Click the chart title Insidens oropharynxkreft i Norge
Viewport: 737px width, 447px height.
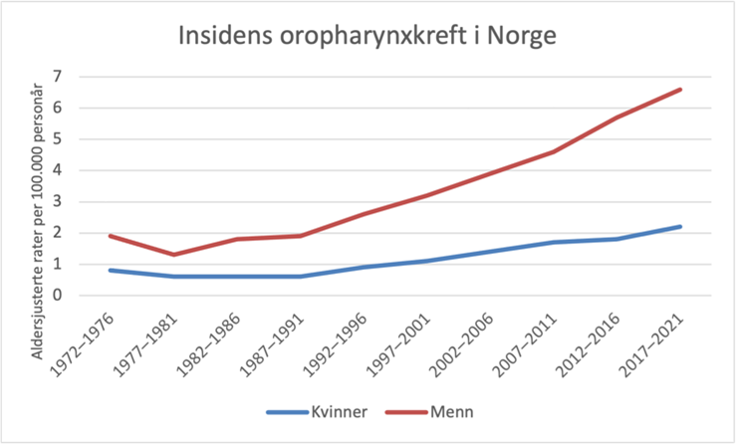coord(368,36)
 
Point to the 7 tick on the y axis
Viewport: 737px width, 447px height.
coord(59,77)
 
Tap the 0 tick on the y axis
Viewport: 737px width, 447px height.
coord(59,296)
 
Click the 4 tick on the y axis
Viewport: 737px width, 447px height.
coord(59,170)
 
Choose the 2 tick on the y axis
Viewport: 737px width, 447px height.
coord(59,233)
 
